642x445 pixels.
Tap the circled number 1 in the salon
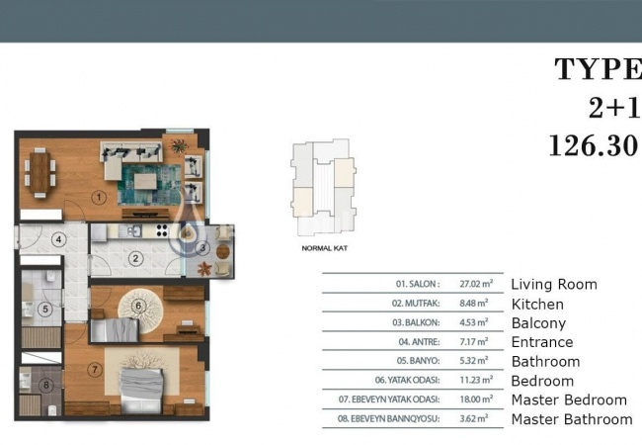[x=99, y=197]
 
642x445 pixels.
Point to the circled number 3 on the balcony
[x=201, y=248]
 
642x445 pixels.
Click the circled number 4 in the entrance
[x=59, y=239]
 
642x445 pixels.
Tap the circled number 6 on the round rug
[x=138, y=306]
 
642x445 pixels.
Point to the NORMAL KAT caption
[x=323, y=249]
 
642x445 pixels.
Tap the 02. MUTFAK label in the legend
[x=416, y=304]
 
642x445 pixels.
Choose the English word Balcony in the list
[x=538, y=323]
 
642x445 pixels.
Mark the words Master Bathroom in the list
[x=571, y=419]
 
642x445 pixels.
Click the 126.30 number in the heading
[x=593, y=146]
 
